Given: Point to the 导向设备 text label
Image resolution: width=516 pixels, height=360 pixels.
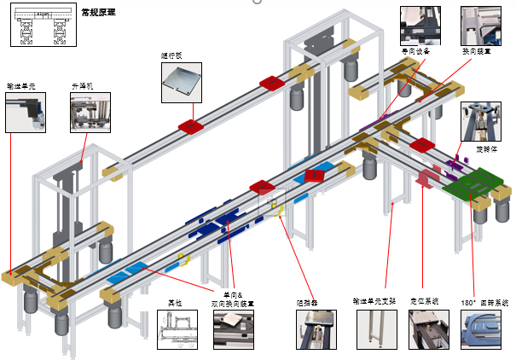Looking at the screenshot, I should click(x=416, y=51).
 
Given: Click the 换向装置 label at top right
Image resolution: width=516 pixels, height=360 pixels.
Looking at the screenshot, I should click(x=475, y=51).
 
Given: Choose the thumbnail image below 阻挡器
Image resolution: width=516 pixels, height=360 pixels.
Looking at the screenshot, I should click(x=314, y=329).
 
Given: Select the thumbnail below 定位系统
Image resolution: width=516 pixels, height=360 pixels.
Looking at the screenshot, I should click(x=426, y=329).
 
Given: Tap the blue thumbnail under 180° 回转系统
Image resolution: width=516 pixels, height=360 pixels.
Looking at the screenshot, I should click(x=483, y=329).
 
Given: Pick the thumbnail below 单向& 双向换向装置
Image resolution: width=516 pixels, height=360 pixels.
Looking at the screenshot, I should click(x=233, y=329).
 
